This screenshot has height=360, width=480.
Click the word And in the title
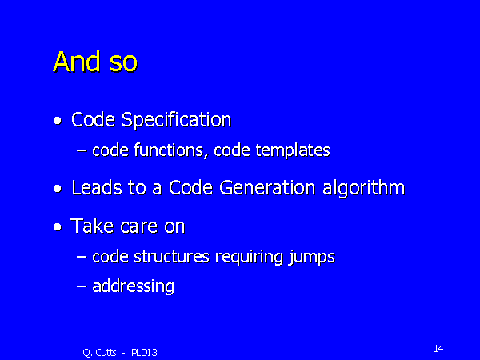[77, 62]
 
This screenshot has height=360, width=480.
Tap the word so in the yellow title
[123, 64]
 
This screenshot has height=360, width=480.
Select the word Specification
[176, 120]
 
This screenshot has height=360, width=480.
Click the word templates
[293, 150]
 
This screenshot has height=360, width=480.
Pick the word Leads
[97, 188]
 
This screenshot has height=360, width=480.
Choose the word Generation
[267, 188]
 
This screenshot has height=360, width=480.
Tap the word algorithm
[364, 188]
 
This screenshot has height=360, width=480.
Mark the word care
[139, 227]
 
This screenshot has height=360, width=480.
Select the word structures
[172, 257]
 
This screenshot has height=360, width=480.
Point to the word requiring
[249, 257]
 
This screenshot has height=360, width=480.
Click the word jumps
[312, 258]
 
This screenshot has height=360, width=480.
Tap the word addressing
[134, 286]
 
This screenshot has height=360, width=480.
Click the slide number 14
[438, 348]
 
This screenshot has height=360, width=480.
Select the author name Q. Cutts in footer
[99, 353]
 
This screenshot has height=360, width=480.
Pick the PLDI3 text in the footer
[144, 353]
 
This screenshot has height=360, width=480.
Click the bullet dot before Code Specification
[58, 121]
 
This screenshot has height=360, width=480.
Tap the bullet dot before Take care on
[58, 227]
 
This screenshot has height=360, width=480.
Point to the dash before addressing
[82, 286]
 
